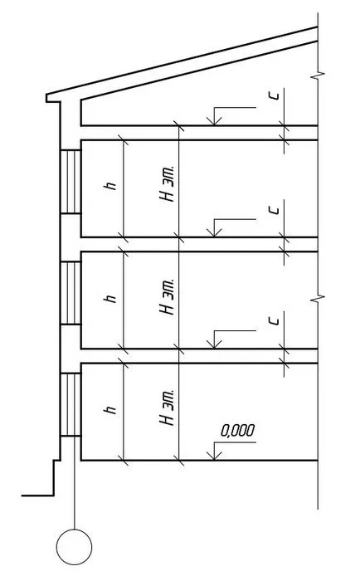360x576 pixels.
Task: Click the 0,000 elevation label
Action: tap(237, 431)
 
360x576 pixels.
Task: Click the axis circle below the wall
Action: tap(74, 547)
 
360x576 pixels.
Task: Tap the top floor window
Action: tap(71, 182)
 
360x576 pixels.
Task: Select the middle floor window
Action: tap(71, 293)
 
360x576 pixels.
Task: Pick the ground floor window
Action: tap(71, 404)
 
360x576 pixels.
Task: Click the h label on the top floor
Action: tap(110, 186)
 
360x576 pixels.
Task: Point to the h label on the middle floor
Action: tap(110, 298)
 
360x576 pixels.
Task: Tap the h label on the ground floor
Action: tap(110, 409)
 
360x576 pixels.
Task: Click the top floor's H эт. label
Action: tap(166, 183)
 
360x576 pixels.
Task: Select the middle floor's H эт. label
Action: tap(166, 296)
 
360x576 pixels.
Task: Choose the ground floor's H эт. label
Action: tap(166, 408)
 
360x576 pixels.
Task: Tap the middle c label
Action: tap(274, 210)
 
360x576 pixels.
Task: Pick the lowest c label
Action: tap(274, 321)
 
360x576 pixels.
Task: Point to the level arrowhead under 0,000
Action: tap(213, 455)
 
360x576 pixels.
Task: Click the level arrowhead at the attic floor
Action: tap(213, 120)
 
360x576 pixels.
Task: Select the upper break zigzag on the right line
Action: tap(318, 76)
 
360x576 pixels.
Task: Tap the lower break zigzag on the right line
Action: tap(318, 298)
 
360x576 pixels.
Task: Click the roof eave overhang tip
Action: tap(46, 98)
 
